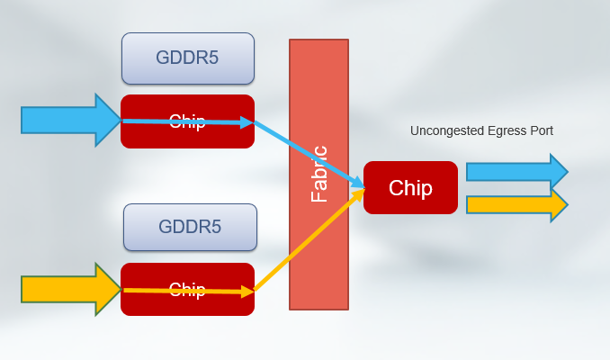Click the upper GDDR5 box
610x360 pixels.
click(188, 58)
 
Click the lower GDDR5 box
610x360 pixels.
click(190, 227)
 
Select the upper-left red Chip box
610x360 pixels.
click(187, 121)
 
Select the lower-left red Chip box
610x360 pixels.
click(187, 290)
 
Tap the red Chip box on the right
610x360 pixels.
click(410, 188)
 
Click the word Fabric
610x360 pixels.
click(319, 174)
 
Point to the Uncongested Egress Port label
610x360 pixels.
click(481, 130)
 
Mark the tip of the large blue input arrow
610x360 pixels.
click(119, 120)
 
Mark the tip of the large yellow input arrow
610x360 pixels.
click(119, 289)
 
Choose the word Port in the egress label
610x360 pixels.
click(541, 130)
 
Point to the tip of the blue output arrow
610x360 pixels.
click(566, 172)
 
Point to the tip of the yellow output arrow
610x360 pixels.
click(566, 204)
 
